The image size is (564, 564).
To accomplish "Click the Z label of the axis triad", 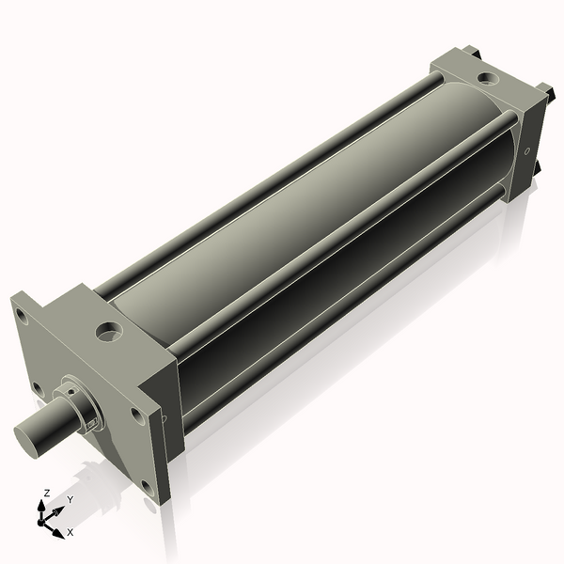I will point(47,493).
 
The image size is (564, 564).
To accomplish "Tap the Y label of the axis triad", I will point(70,500).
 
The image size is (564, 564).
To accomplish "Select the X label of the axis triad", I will point(70,532).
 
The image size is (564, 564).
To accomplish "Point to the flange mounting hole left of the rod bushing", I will point(38,386).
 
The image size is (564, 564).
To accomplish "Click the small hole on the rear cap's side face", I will point(527,150).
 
